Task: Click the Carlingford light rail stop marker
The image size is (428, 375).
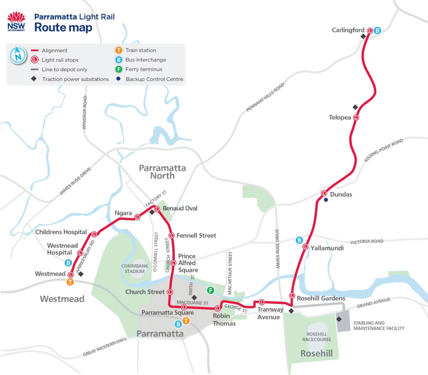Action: point(370,30)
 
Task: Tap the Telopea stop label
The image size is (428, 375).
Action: point(340,118)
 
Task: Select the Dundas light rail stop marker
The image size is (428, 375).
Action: point(324,193)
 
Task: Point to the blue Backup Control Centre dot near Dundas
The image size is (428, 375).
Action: point(326,200)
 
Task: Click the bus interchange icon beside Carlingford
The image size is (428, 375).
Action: point(377,30)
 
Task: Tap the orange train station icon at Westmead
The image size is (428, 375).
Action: point(70,282)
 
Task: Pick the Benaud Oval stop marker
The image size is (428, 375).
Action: point(157,209)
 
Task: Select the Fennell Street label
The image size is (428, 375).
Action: point(196,236)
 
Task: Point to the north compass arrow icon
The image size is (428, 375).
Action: point(18,55)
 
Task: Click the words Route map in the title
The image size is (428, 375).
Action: point(63,28)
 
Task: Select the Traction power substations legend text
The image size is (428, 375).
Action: point(75,79)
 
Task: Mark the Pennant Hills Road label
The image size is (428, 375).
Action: point(265,97)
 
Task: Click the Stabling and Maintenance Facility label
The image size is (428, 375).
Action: point(379,325)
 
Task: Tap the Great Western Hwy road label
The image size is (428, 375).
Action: point(104,347)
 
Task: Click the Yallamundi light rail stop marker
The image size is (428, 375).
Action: point(306,247)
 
